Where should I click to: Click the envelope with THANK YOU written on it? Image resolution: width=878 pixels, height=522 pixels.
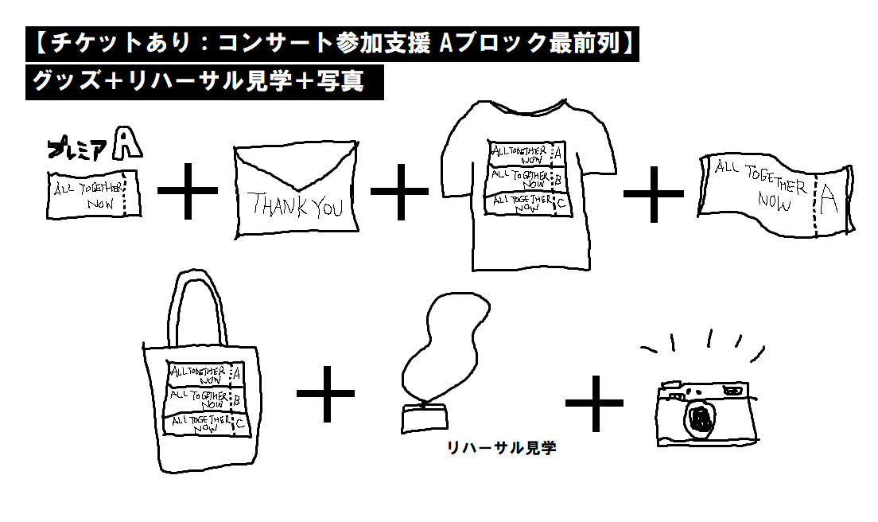pyautogui.click(x=293, y=193)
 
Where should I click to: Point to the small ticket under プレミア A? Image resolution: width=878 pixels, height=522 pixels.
pyautogui.click(x=93, y=195)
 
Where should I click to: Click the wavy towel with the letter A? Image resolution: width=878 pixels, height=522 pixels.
pyautogui.click(x=776, y=195)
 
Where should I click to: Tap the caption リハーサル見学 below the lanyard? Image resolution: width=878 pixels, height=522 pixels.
pyautogui.click(x=501, y=449)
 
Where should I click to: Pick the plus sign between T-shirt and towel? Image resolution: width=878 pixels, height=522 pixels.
pyautogui.click(x=654, y=193)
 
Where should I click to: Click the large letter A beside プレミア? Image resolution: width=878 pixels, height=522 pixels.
pyautogui.click(x=127, y=144)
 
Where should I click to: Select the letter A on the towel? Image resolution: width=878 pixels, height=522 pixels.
pyautogui.click(x=829, y=201)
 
